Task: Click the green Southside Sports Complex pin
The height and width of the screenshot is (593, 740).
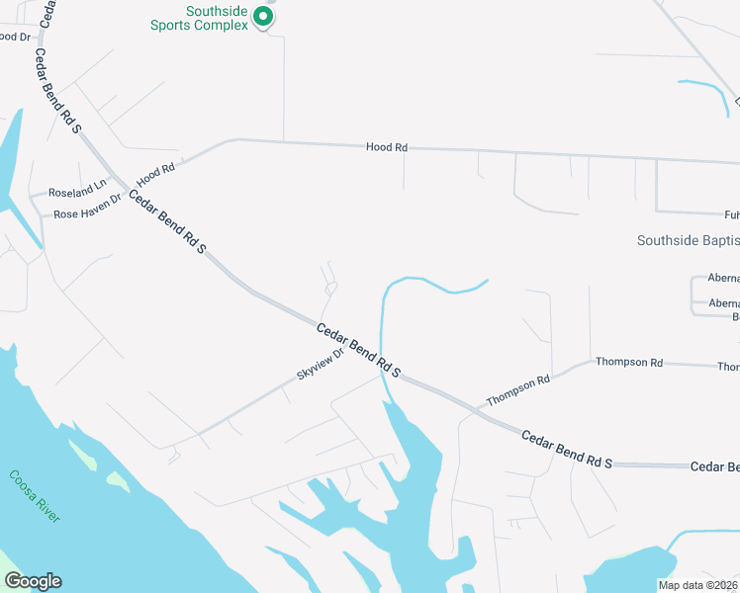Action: coord(262,16)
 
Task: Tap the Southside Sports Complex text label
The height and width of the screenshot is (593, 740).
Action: coord(199,19)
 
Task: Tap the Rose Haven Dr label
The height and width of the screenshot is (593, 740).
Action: coord(87,207)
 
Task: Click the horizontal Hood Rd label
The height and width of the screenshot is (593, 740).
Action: coord(387,147)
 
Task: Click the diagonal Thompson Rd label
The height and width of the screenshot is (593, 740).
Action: coord(517,391)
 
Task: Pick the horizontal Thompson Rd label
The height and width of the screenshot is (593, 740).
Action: coord(628,363)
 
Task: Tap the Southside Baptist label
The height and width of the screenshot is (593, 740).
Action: coord(688,240)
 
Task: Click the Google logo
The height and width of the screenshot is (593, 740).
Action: coord(33,581)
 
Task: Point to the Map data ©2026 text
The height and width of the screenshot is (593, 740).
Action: coord(697,585)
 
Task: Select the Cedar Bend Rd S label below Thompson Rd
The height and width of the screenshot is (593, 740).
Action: coord(567,448)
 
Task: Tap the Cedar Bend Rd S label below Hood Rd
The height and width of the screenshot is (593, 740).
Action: coord(166,223)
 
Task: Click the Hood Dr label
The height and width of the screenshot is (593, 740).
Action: coord(15,37)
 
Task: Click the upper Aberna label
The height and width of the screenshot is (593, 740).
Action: coord(724,279)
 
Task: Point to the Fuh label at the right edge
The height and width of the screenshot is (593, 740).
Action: coord(731,213)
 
